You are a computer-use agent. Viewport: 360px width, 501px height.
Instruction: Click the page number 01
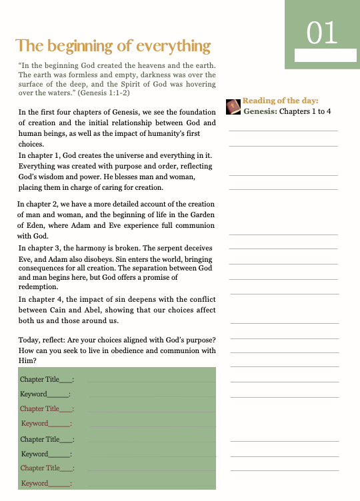322,31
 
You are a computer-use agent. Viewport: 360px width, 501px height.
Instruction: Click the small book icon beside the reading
233,107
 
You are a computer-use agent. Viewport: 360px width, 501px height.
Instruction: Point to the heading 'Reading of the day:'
281,101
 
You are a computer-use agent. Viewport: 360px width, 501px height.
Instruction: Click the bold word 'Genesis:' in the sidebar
260,111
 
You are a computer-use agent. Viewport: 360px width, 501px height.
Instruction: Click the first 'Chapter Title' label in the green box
40,379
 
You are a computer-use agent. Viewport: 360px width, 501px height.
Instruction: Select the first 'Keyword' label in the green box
34,394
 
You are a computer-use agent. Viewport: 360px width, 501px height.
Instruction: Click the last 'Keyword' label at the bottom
35,483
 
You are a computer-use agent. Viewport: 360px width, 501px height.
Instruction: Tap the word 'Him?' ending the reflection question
27,360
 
